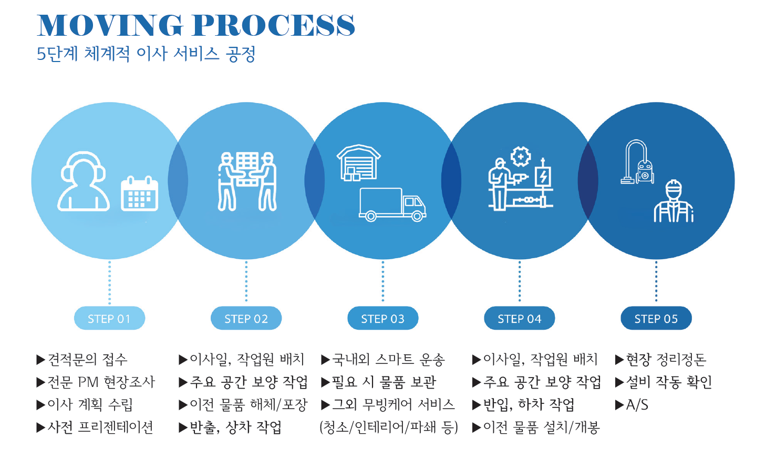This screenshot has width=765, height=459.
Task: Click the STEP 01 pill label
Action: (x=109, y=318)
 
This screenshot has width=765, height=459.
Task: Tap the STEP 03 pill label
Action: (x=382, y=318)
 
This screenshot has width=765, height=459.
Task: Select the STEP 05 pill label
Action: (x=656, y=318)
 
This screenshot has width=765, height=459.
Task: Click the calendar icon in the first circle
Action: (x=139, y=193)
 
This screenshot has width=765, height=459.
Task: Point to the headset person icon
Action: (x=83, y=181)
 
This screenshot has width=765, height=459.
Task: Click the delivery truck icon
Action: (x=392, y=205)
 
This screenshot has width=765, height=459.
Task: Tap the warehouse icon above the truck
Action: (x=358, y=162)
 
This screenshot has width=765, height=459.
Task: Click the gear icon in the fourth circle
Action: (x=521, y=157)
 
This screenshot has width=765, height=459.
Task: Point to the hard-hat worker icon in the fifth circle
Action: (x=674, y=201)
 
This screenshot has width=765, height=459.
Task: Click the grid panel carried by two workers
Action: (x=247, y=168)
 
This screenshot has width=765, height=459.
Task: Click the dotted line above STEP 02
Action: (x=246, y=281)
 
